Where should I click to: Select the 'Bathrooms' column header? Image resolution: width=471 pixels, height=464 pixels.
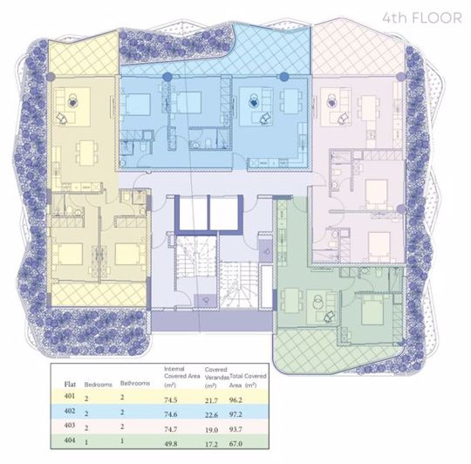tap(135, 382)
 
